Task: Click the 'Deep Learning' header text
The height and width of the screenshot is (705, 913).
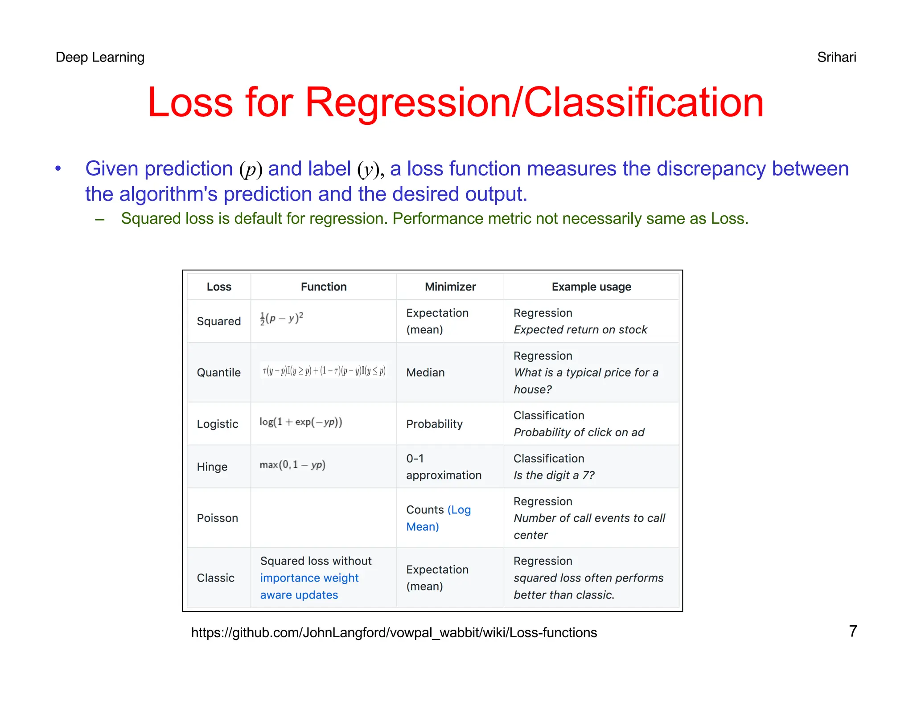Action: click(x=100, y=57)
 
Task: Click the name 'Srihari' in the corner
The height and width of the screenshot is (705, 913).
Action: click(x=836, y=57)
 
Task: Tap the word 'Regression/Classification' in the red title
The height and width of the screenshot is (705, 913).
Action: click(x=534, y=102)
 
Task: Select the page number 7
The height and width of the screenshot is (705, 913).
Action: click(x=853, y=631)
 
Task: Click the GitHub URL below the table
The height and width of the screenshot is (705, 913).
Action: click(x=394, y=633)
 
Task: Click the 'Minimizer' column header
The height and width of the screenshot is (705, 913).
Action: click(x=450, y=287)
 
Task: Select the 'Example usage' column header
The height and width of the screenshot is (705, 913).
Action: click(x=591, y=287)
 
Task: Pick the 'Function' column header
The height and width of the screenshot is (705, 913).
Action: click(x=324, y=287)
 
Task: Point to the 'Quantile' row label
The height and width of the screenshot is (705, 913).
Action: click(x=218, y=373)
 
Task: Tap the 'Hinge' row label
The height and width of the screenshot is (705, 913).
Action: click(x=212, y=467)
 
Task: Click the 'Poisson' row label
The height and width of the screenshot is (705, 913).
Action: click(x=218, y=518)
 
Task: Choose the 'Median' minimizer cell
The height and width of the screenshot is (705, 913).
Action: click(x=425, y=373)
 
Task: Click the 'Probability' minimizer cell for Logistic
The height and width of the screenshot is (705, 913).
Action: click(x=434, y=424)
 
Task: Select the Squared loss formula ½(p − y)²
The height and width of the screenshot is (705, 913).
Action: click(x=281, y=319)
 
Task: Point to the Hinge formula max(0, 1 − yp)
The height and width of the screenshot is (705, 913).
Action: click(x=292, y=465)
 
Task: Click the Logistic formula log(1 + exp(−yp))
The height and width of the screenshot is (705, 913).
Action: click(x=301, y=422)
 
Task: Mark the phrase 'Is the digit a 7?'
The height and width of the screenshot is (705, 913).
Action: click(x=554, y=475)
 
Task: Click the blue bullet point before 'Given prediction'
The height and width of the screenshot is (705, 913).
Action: click(x=58, y=168)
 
